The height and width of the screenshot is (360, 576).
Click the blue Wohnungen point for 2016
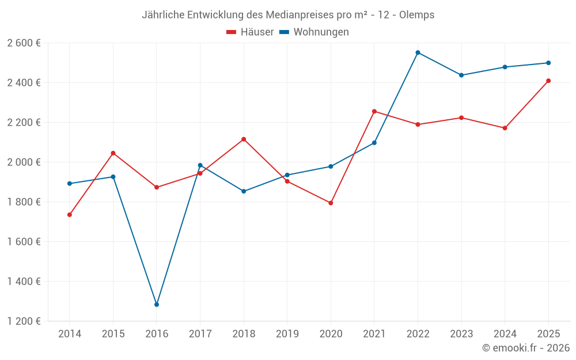pos(157,304)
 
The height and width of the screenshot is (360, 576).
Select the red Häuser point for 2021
pos(374,111)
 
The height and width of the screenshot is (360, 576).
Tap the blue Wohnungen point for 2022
pos(418,52)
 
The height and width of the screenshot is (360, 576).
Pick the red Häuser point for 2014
pos(70,215)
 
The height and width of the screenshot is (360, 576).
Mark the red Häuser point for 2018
pos(244,139)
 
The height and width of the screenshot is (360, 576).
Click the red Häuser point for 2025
pos(548,81)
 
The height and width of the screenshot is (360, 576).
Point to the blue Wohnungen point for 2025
pos(548,63)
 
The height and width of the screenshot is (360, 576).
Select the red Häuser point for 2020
pos(331,203)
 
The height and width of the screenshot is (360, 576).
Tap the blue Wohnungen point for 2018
pos(244,191)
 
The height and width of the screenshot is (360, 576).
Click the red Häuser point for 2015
pos(113,153)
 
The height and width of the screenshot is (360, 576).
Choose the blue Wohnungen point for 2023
pos(461,75)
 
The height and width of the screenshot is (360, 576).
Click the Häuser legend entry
pos(251,32)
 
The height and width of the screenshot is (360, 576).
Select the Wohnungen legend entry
pos(314,32)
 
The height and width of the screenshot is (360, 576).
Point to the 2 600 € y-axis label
pos(24,43)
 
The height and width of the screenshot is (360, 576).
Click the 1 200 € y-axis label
pos(24,321)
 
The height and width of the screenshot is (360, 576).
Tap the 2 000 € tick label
pos(24,162)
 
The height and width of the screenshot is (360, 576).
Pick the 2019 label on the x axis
pos(287,334)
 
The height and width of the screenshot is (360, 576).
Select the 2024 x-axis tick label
pos(505,334)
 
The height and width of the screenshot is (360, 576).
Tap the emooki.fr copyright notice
pos(526,348)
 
